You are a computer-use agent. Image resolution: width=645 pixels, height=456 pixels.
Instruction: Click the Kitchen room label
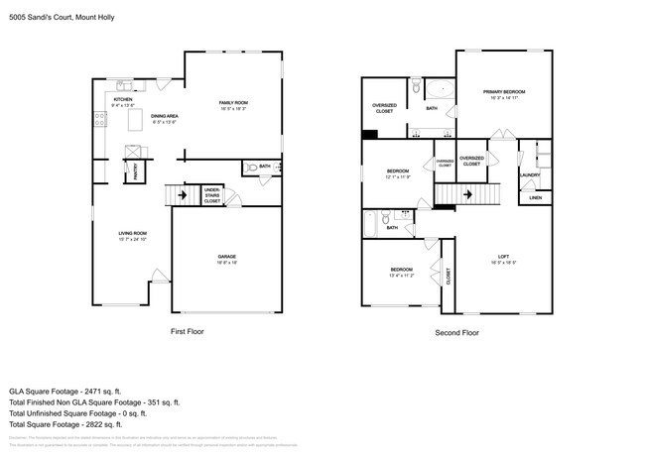(x=123, y=100)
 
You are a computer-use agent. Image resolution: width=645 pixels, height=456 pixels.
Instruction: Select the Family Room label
(x=233, y=103)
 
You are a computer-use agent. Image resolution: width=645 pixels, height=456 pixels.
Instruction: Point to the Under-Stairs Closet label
(x=211, y=194)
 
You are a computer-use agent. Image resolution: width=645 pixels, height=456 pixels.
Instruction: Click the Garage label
(x=227, y=257)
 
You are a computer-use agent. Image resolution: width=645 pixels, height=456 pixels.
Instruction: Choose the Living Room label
(x=132, y=233)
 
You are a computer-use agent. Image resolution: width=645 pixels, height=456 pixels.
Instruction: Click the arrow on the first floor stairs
(x=180, y=195)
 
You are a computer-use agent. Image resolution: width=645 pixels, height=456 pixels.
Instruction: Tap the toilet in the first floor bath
(x=251, y=168)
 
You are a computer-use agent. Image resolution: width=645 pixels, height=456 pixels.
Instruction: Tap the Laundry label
(x=529, y=175)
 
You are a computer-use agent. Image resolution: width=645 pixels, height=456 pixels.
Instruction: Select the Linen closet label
(x=535, y=197)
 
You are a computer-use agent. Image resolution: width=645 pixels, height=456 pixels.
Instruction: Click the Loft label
(x=503, y=258)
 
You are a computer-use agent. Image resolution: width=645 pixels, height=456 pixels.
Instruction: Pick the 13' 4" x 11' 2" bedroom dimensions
(x=401, y=276)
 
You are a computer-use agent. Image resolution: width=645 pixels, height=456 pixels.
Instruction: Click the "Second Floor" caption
(x=456, y=333)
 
